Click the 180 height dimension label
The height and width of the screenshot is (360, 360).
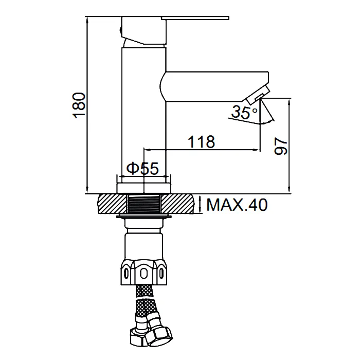coord(79,105)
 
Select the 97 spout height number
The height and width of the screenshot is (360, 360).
coord(281,146)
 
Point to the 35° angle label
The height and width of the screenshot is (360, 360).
coord(244,112)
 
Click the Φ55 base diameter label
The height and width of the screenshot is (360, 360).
coord(142,168)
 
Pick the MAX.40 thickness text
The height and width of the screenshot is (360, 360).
coord(237,205)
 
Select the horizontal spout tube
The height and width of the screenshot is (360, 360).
coord(214,86)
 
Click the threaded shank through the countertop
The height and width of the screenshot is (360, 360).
coord(144,204)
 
